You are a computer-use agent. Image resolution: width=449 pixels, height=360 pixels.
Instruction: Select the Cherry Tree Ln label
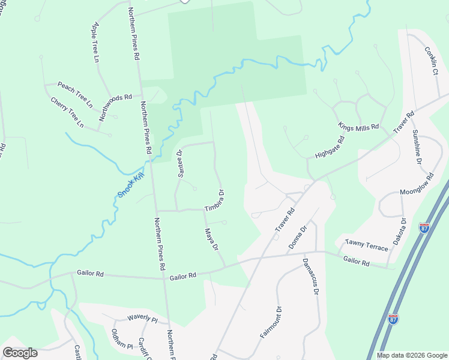coord(67,112)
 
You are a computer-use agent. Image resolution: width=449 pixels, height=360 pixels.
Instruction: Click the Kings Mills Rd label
coord(358,127)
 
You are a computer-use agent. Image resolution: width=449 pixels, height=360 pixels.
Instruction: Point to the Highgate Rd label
coord(330,147)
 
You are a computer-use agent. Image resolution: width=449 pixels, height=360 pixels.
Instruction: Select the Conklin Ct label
coord(431,61)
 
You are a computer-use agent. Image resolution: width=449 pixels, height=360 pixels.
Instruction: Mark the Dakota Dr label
coord(399,233)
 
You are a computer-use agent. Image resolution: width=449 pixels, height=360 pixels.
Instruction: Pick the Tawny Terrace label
coord(366,245)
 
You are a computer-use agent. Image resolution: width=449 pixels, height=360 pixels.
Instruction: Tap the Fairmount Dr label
coord(271,323)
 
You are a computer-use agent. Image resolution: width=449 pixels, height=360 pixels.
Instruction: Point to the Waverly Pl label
coord(142,318)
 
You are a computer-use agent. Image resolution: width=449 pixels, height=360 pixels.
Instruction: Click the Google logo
coord(20,353)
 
